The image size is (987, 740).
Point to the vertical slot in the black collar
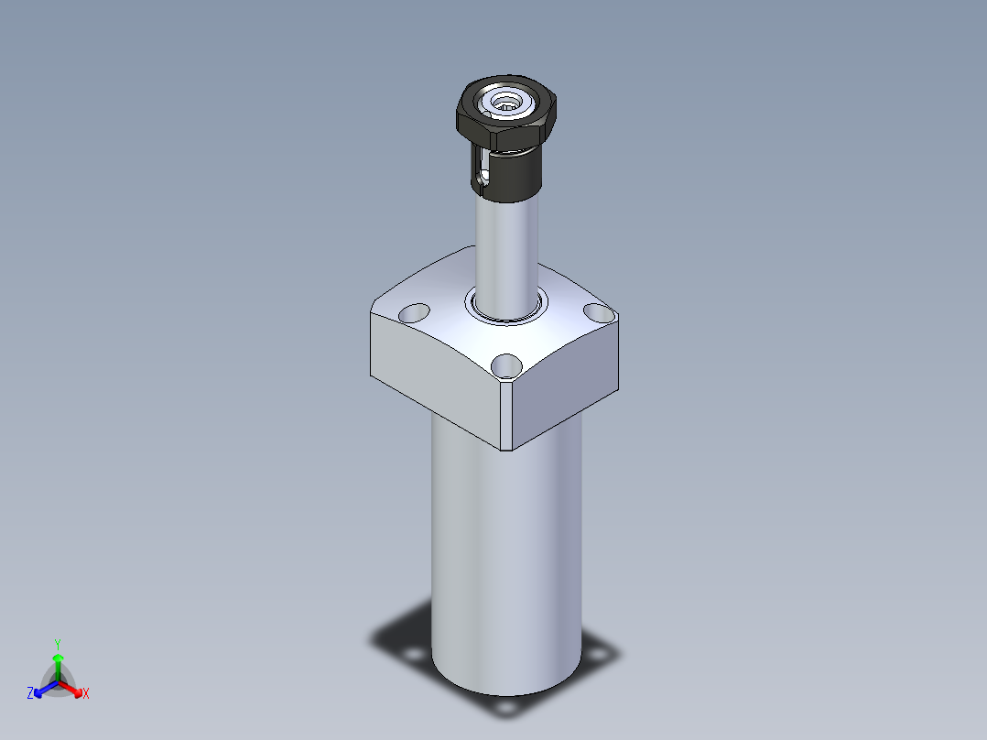pyautogui.click(x=483, y=168)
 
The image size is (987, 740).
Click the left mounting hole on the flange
pyautogui.click(x=414, y=313)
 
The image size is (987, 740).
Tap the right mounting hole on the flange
pyautogui.click(x=599, y=311)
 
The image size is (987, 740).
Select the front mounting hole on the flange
pyautogui.click(x=506, y=366)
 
